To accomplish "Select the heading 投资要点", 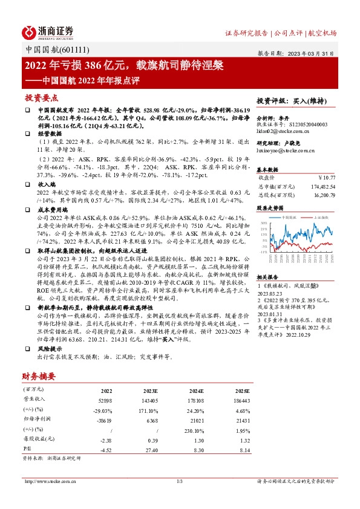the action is pyautogui.click(x=42, y=97).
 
